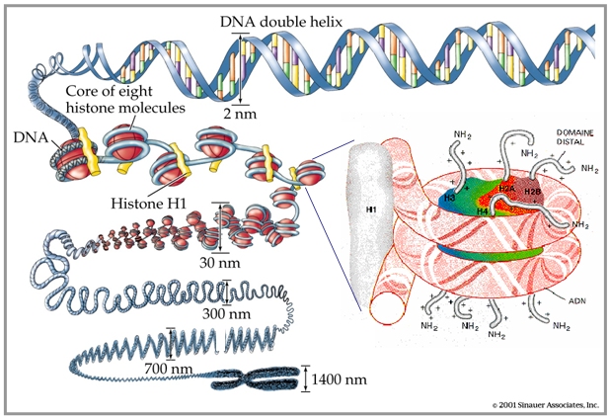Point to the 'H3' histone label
pos(449,198)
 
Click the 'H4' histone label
pos(482,210)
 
